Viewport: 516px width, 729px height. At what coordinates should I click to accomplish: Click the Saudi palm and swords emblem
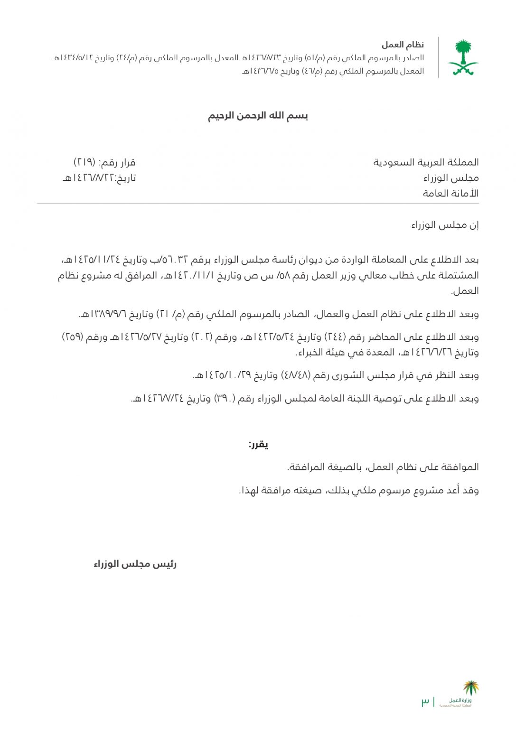[462, 57]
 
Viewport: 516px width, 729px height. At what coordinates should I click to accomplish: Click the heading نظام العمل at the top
[403, 45]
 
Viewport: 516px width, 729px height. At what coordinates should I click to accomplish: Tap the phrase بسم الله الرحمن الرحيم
[258, 116]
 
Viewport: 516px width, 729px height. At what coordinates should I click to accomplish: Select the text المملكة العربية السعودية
[426, 162]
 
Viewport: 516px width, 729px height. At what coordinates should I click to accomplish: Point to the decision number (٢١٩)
[84, 162]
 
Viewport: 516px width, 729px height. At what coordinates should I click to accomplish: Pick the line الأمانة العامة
[450, 193]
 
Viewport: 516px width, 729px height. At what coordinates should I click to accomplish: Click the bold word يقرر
[258, 445]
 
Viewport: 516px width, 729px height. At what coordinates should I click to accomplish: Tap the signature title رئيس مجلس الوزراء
[135, 564]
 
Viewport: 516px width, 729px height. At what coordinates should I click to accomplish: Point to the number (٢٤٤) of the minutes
[335, 337]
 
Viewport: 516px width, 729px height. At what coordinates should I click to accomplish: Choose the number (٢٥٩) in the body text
[73, 337]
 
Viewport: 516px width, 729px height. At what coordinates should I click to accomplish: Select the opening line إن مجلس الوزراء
[445, 225]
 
